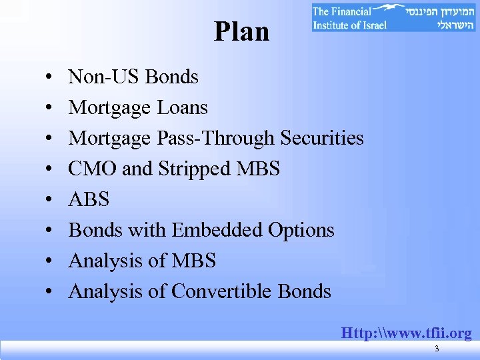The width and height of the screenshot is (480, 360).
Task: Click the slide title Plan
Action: tap(241, 31)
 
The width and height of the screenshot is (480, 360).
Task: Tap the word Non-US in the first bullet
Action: tap(105, 77)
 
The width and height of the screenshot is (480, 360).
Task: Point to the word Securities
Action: tap(322, 138)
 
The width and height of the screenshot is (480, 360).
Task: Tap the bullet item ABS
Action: tap(89, 199)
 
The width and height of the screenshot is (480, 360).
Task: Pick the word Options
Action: tap(301, 230)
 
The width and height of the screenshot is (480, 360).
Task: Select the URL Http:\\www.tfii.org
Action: tap(406, 333)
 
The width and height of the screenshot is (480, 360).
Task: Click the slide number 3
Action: tap(436, 350)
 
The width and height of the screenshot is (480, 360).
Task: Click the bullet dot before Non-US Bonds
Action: tap(51, 78)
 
